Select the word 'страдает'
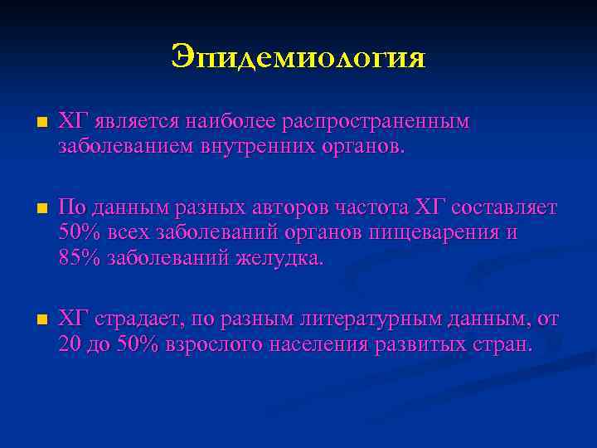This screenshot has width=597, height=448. [136, 319]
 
